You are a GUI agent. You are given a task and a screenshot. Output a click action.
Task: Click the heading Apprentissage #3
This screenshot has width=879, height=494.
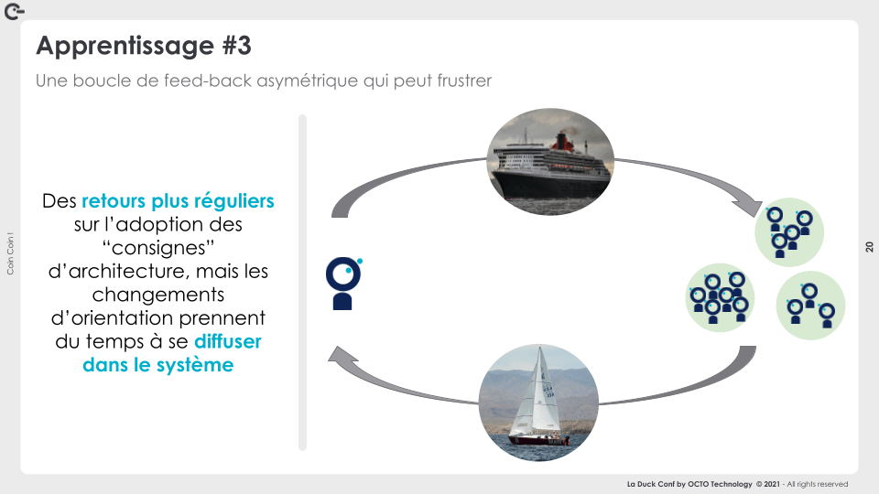pos(144,46)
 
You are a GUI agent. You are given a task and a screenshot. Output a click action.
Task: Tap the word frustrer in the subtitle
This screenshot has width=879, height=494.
pos(464,81)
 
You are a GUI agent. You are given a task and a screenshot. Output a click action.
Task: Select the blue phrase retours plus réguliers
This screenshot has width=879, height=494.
pos(178,201)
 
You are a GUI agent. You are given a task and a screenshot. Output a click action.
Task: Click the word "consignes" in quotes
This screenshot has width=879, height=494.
pos(158,248)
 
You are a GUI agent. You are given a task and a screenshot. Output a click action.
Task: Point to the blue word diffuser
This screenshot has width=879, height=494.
pos(228,341)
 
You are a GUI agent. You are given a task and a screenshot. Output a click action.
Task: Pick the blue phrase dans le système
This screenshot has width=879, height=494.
pos(158,365)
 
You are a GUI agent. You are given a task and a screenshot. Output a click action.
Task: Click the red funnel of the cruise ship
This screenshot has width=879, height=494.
pos(562,143)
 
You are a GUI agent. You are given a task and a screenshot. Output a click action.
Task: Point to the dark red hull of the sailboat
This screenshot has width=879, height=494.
pos(538,440)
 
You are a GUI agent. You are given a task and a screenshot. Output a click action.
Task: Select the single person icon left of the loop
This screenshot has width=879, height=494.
pos(343,284)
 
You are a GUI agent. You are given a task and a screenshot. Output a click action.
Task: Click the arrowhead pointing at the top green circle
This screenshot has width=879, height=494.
pos(750,208)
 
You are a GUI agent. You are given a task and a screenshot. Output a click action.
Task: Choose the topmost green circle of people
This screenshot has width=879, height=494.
pos(788,232)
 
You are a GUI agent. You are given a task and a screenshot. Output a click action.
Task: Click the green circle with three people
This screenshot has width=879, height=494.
pos(810,306)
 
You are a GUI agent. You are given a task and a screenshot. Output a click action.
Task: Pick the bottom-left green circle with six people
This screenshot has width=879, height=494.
pos(720,297)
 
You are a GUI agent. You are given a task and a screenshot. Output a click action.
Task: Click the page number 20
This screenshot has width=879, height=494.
pos(869,247)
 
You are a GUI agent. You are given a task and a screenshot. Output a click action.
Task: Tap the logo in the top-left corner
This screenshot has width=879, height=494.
pos(14,11)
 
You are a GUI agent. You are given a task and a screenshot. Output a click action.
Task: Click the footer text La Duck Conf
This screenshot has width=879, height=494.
pos(651,484)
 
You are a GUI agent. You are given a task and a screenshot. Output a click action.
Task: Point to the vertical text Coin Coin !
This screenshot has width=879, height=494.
pos(10,253)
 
